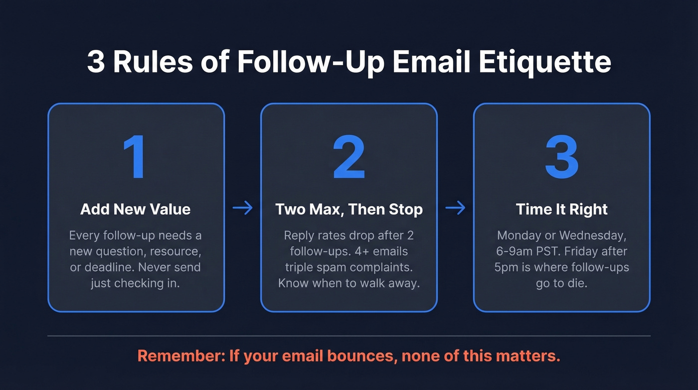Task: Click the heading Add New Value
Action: click(136, 209)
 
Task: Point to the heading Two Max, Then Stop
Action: click(349, 209)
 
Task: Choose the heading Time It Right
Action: click(562, 209)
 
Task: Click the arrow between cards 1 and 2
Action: click(243, 208)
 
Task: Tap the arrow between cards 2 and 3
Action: click(455, 208)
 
